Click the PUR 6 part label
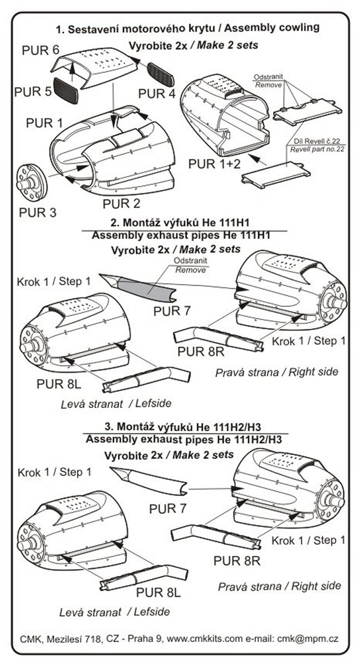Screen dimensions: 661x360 pyautogui.click(x=40, y=49)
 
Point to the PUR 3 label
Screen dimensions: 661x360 pyautogui.click(x=38, y=211)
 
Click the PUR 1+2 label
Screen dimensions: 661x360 pyautogui.click(x=214, y=164)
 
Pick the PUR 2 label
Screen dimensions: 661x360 pyautogui.click(x=121, y=203)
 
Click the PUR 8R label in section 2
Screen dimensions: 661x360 pyautogui.click(x=197, y=350)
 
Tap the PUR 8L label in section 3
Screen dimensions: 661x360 pyautogui.click(x=158, y=592)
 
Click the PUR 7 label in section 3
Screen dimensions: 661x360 pyautogui.click(x=167, y=508)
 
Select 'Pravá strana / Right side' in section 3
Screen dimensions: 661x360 pyautogui.click(x=279, y=585)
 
